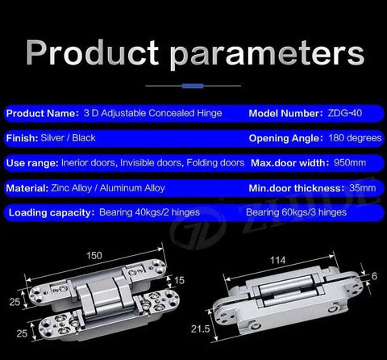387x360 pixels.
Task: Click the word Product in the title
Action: click(x=93, y=52)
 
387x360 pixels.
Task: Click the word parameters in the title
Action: click(x=267, y=55)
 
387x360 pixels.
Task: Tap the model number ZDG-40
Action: click(x=345, y=113)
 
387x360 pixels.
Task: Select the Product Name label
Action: click(x=43, y=113)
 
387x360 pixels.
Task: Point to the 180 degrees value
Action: click(x=355, y=138)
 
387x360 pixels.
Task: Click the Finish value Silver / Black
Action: click(x=68, y=138)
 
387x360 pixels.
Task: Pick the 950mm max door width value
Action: click(x=350, y=163)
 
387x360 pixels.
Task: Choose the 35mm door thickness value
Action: click(x=363, y=188)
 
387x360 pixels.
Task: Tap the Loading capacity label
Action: click(x=52, y=213)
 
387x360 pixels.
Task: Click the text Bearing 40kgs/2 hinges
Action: click(x=149, y=212)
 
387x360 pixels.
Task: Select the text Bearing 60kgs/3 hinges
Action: click(x=296, y=212)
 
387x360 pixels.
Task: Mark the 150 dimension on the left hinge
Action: click(x=94, y=255)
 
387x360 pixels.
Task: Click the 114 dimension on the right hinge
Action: click(x=277, y=260)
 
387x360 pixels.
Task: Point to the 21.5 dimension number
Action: click(x=200, y=329)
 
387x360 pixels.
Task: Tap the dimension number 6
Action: click(x=374, y=276)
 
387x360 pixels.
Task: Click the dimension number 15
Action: click(x=179, y=280)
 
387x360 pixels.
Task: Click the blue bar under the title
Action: click(x=193, y=86)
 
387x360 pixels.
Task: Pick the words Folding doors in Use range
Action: click(x=215, y=163)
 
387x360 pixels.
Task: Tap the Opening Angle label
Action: click(x=285, y=138)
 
